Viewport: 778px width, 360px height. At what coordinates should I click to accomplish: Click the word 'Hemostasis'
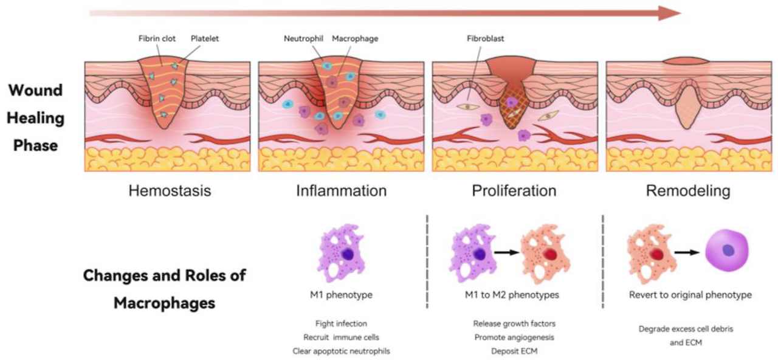[170, 190]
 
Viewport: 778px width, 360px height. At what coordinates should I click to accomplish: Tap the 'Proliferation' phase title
[514, 190]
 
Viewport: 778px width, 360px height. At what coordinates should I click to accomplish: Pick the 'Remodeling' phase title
[687, 190]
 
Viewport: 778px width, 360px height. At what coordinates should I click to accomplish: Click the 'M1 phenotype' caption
[340, 296]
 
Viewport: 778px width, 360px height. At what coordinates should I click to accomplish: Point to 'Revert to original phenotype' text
[690, 296]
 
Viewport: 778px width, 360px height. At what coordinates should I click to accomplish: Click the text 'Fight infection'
[341, 324]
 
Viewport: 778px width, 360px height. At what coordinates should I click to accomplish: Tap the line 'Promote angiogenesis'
[514, 337]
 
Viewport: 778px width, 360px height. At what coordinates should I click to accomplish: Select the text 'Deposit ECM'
[514, 351]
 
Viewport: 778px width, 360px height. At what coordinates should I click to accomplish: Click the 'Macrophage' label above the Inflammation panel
[354, 38]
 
